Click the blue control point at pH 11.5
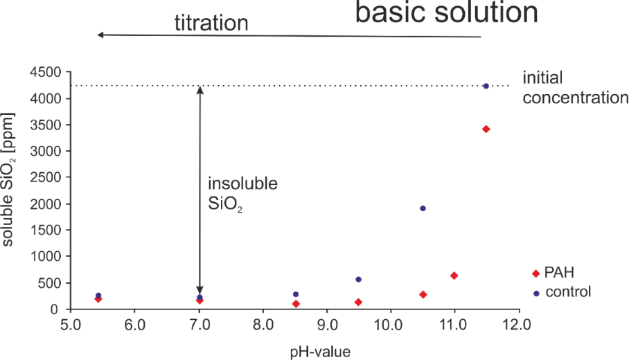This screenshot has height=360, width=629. (486, 86)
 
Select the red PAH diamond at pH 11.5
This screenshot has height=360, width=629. (486, 129)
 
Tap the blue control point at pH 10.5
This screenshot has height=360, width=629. (423, 208)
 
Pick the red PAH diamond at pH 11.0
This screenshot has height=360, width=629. (454, 276)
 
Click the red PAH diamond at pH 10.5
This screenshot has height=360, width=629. (423, 294)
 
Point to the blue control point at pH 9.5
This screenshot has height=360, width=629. (358, 279)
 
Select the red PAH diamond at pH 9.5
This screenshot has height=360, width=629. (358, 302)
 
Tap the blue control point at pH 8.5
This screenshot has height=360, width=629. (296, 294)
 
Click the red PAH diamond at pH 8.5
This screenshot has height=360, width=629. (296, 304)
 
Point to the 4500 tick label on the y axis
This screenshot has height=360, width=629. (44, 73)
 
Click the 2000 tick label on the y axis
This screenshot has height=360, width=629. (44, 204)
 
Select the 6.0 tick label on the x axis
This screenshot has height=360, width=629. (134, 323)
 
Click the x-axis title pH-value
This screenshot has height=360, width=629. (319, 352)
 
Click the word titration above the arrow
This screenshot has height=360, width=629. (211, 23)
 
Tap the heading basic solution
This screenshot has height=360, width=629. (447, 14)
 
